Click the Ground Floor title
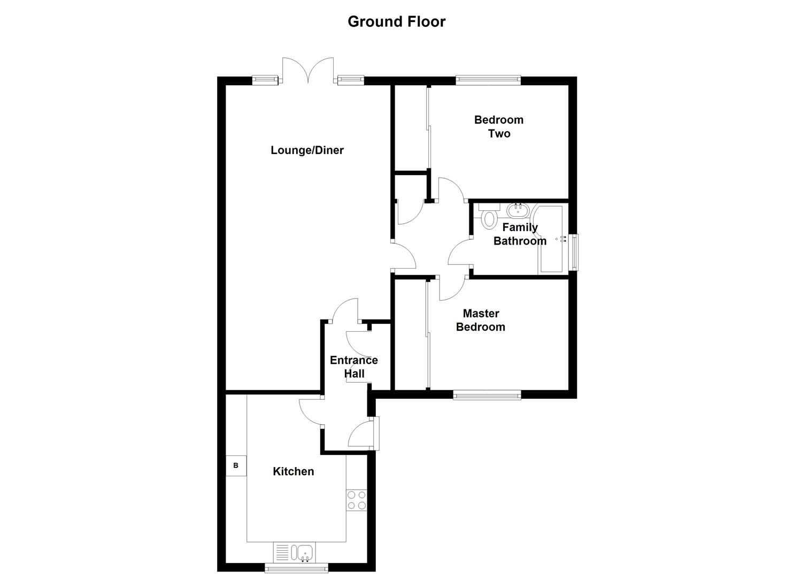coord(396,21)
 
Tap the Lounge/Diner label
coord(307,150)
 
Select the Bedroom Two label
coord(499,127)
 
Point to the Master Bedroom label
coord(481,320)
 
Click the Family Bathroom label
coord(520,234)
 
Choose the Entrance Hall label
coord(354,367)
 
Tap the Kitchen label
coord(294,471)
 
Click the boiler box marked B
coord(236,466)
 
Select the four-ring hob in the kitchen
coord(357,500)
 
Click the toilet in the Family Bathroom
coord(490,216)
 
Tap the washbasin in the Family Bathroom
coord(518,211)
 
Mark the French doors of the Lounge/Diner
coord(308,71)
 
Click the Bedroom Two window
coord(488,80)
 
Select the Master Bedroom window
coord(487,395)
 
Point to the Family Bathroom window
coord(574,252)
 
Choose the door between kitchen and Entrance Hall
coord(311,412)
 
